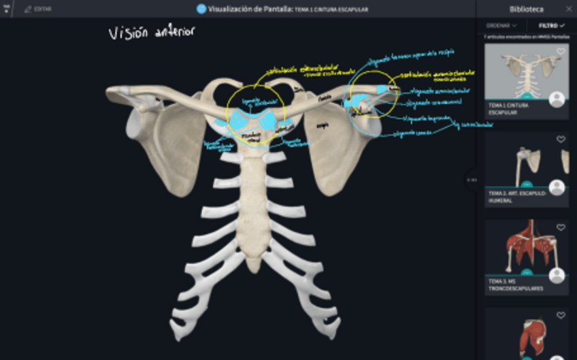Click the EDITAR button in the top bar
(x=38, y=9)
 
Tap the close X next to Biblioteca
(x=569, y=9)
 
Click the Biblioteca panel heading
(x=526, y=9)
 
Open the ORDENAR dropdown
(x=501, y=25)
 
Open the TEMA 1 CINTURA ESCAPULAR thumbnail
(x=526, y=71)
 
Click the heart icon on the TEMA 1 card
(x=561, y=52)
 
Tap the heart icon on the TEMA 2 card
(x=561, y=140)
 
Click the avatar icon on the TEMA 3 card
(x=557, y=276)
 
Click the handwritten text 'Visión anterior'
(x=152, y=32)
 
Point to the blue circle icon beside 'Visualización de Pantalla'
(x=201, y=9)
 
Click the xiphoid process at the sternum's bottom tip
(x=253, y=264)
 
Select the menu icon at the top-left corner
(x=6, y=9)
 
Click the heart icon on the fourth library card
(x=561, y=315)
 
